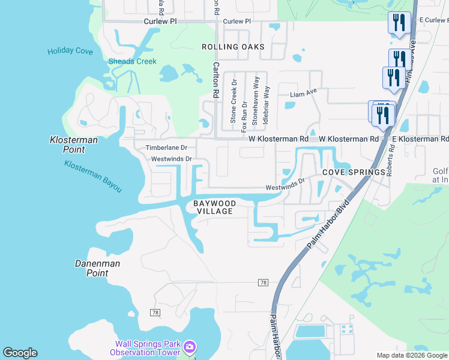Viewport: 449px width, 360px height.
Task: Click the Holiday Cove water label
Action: tap(70, 52)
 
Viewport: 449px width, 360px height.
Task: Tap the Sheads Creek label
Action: tap(132, 61)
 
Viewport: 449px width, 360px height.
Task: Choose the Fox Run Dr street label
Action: tap(244, 116)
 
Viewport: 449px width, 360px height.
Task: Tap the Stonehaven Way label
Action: tap(256, 101)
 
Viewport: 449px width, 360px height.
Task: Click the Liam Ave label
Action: tap(303, 94)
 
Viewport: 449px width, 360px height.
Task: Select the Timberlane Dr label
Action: tap(167, 148)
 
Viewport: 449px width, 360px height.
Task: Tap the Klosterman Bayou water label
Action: tap(93, 176)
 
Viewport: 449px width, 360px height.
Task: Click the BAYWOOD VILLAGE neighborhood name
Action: tap(213, 207)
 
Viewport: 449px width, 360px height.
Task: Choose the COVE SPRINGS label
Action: tap(353, 172)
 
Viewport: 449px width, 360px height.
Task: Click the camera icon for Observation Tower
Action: tap(190, 347)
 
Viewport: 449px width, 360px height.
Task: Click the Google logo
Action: tap(20, 353)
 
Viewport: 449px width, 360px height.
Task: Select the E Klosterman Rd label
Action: tap(420, 139)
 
